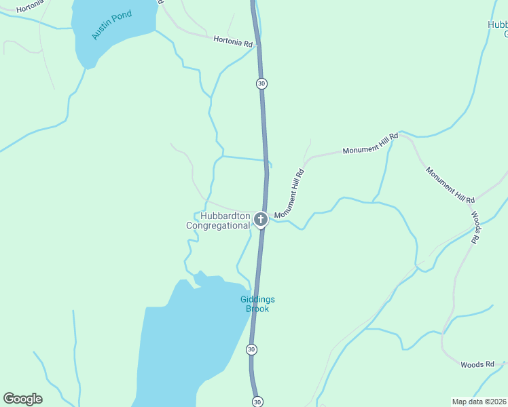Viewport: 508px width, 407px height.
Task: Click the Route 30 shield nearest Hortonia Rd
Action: pyautogui.click(x=261, y=83)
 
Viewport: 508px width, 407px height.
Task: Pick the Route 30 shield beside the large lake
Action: pyautogui.click(x=251, y=349)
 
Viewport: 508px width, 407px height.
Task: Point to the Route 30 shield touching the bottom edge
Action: pyautogui.click(x=256, y=402)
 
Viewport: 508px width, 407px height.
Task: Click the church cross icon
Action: pyautogui.click(x=260, y=219)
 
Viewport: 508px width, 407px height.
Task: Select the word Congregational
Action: pyautogui.click(x=218, y=226)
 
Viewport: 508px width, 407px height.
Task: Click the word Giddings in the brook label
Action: pyautogui.click(x=257, y=300)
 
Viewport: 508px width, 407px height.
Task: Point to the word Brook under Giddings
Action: pyautogui.click(x=257, y=309)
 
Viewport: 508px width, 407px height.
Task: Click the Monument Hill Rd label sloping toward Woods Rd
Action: pyautogui.click(x=450, y=185)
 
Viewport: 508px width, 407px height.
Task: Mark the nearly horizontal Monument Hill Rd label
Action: pyautogui.click(x=370, y=144)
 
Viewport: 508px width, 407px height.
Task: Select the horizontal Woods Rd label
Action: pyautogui.click(x=477, y=364)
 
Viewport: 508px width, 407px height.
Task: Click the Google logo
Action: pyautogui.click(x=23, y=399)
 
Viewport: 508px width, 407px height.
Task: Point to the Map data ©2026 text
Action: pyautogui.click(x=479, y=402)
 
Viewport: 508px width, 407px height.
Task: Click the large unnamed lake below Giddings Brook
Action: pyautogui.click(x=183, y=346)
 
